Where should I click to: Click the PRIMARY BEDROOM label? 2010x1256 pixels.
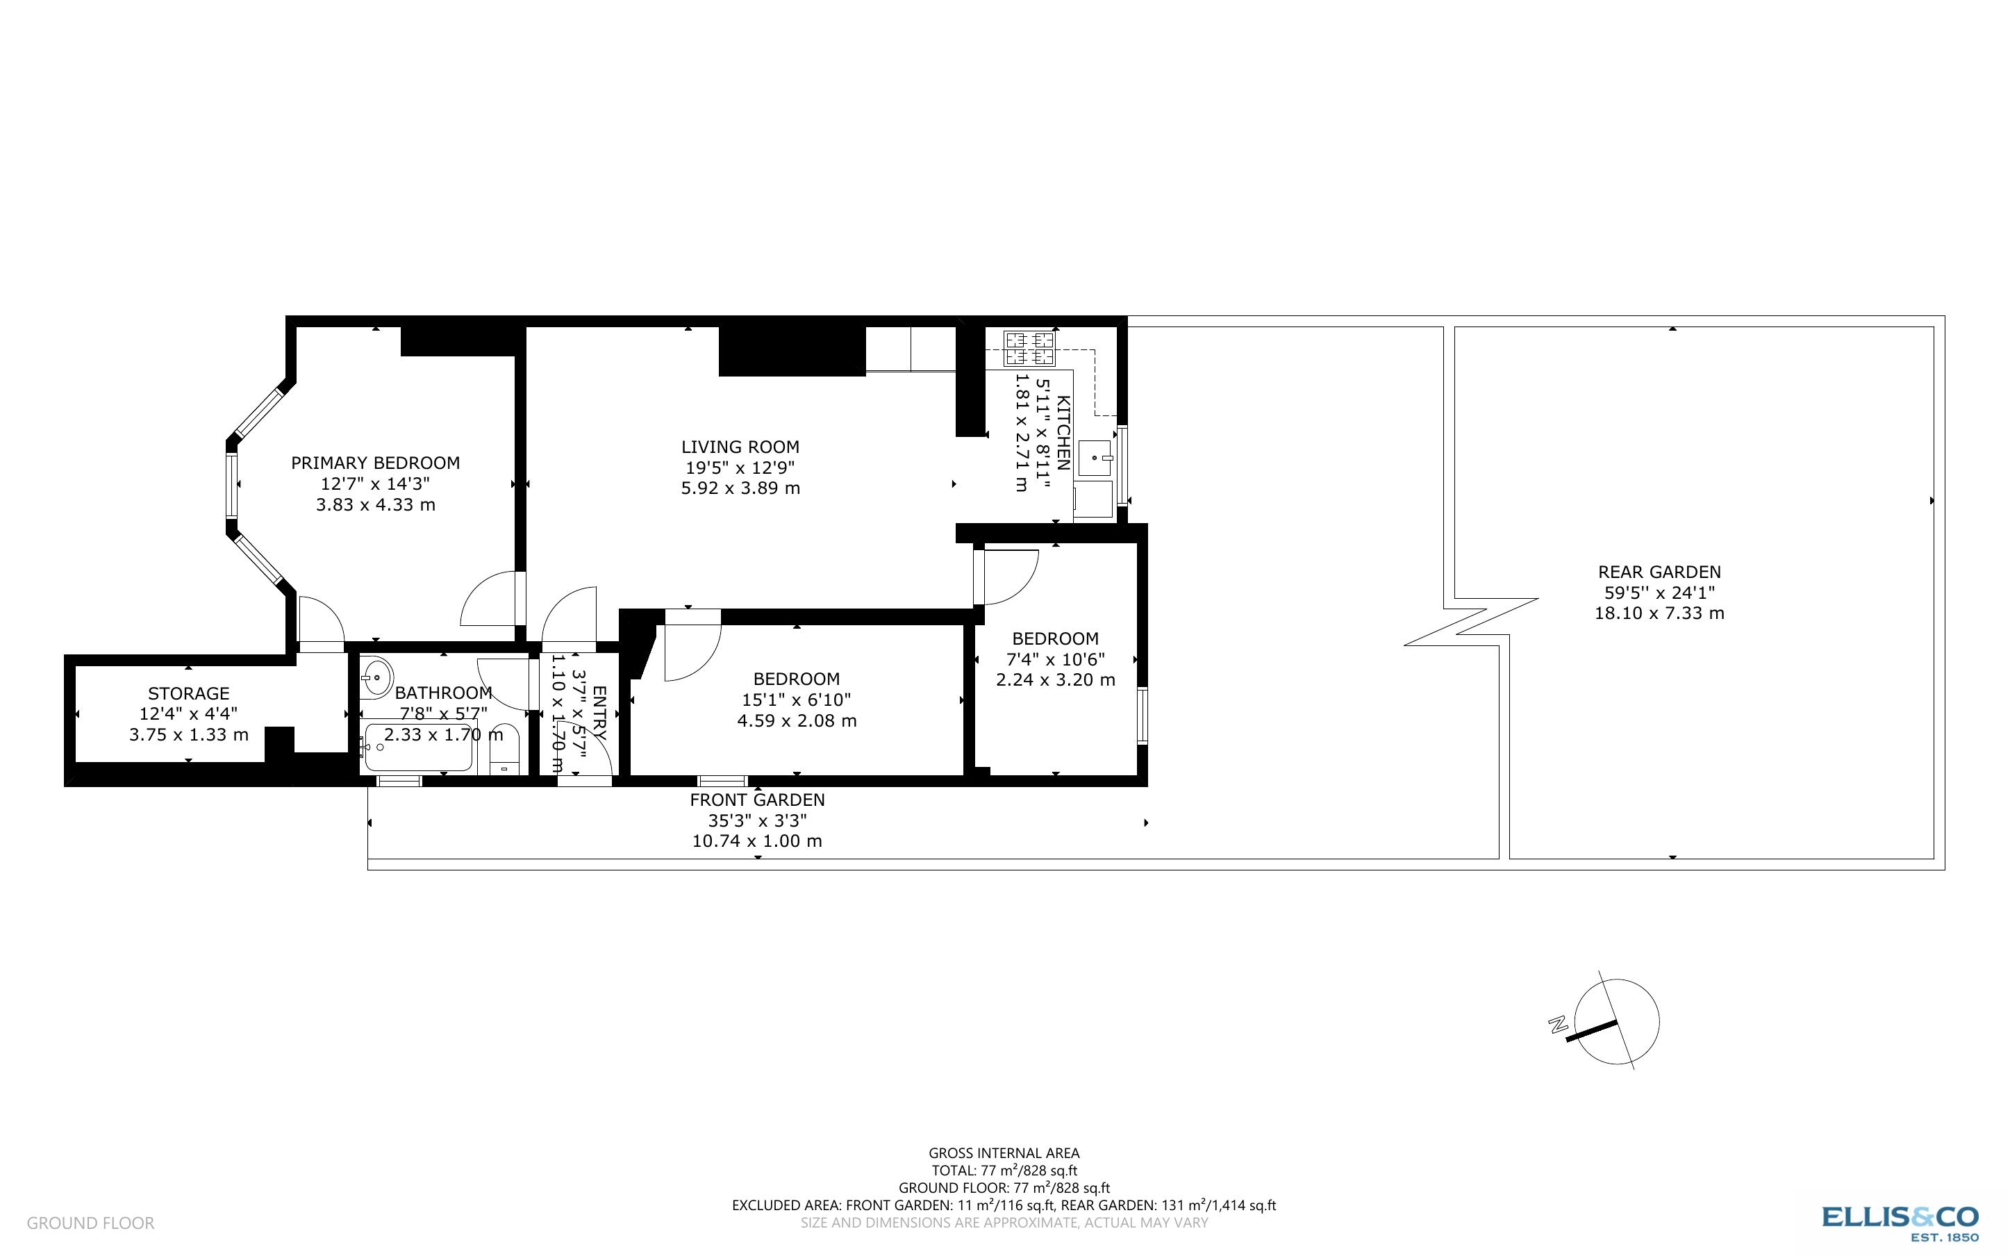point(375,463)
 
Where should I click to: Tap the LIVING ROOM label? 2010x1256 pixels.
point(740,447)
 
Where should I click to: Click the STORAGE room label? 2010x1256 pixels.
point(188,693)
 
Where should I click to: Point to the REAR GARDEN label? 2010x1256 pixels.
point(1659,572)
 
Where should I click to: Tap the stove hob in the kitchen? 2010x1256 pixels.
point(1029,349)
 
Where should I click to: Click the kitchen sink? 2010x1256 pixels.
point(1096,458)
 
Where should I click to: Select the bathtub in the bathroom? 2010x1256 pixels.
point(420,747)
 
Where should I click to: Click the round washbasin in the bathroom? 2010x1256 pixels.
point(376,677)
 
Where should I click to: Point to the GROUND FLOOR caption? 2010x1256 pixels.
point(90,1223)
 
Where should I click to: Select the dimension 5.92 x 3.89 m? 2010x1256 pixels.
point(740,488)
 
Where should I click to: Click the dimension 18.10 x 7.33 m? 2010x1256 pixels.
point(1659,613)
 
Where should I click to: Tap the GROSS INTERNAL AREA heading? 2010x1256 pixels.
point(1004,1153)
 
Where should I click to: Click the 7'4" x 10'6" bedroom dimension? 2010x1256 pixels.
point(1055,659)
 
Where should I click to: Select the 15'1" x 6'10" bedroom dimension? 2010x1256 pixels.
point(796,700)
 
